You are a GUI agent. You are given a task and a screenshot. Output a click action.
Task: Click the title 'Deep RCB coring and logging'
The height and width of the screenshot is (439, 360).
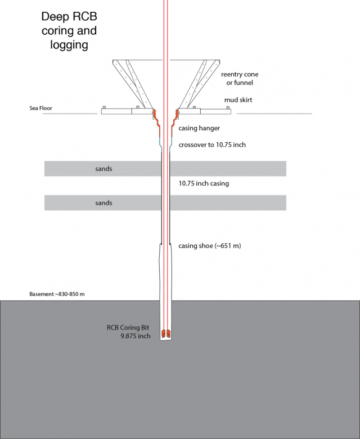click(x=69, y=30)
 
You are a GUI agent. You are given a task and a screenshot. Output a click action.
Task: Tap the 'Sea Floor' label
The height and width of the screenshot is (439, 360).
click(x=40, y=108)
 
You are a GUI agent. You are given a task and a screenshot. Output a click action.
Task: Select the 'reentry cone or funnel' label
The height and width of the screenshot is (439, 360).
click(x=240, y=78)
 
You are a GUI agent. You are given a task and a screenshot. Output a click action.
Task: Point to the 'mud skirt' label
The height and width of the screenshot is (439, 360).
click(x=238, y=100)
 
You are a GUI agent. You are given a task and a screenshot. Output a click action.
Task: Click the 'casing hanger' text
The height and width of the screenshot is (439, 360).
click(x=199, y=128)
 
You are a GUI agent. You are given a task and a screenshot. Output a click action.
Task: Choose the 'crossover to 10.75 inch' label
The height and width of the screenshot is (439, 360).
click(x=212, y=145)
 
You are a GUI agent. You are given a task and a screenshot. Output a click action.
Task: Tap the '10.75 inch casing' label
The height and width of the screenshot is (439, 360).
click(x=204, y=183)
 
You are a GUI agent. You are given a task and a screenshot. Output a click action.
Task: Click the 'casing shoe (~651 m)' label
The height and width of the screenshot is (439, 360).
click(x=210, y=246)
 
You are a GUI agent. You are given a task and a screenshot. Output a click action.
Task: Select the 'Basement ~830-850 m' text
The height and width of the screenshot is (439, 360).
click(x=57, y=294)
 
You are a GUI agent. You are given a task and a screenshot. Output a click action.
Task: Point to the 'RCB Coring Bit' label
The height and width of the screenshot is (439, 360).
click(x=128, y=328)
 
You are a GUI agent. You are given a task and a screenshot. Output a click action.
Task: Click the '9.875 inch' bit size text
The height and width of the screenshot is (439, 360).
click(x=136, y=336)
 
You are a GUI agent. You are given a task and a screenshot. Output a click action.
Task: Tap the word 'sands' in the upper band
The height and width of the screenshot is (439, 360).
click(x=103, y=169)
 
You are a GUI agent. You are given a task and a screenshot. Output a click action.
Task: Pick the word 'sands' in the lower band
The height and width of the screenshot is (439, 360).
click(x=103, y=203)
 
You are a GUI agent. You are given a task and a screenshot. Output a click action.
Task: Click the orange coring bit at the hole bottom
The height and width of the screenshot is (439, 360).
click(x=166, y=333)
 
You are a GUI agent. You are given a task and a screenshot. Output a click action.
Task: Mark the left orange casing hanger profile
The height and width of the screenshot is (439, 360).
click(x=156, y=123)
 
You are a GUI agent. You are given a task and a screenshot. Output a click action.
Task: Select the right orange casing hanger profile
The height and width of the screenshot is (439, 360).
click(x=175, y=123)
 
